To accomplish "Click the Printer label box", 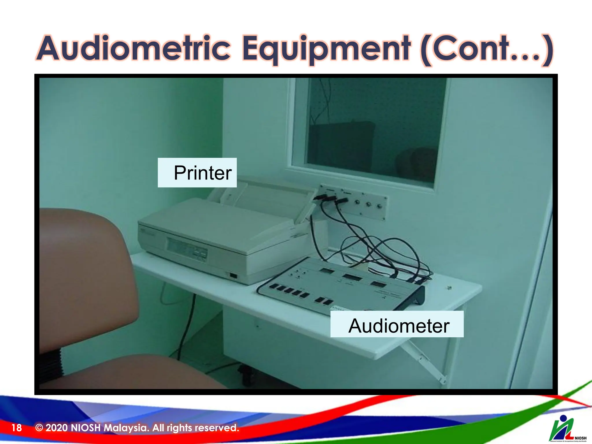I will (x=197, y=173).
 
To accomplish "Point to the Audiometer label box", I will (x=397, y=324).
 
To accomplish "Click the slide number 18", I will (x=16, y=428).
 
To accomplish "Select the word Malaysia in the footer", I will (x=126, y=428).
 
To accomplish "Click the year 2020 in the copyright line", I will (x=57, y=428).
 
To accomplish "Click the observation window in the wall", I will (x=373, y=127).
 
